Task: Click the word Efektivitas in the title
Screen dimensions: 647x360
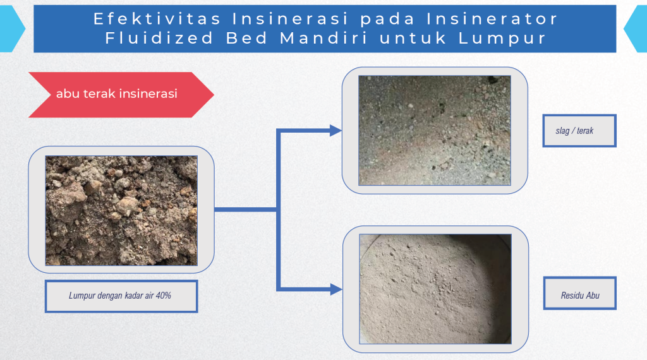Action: pyautogui.click(x=157, y=18)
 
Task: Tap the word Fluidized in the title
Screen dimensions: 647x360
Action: pyautogui.click(x=159, y=38)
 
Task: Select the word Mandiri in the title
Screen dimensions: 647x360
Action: pyautogui.click(x=324, y=38)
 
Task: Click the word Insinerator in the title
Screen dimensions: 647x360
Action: pyautogui.click(x=492, y=18)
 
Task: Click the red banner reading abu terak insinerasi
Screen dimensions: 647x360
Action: pyautogui.click(x=121, y=95)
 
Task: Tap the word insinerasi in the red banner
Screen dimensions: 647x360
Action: pyautogui.click(x=151, y=93)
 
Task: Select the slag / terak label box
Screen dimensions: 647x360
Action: pyautogui.click(x=579, y=131)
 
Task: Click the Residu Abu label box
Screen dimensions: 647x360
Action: pyautogui.click(x=580, y=293)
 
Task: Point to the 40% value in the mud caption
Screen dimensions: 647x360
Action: pyautogui.click(x=164, y=295)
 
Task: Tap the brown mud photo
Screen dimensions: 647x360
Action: pyautogui.click(x=121, y=210)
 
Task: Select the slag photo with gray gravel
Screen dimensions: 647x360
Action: pyautogui.click(x=435, y=130)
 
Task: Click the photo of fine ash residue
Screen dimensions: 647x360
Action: pyautogui.click(x=435, y=289)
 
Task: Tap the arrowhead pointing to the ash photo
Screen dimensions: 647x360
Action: pyautogui.click(x=336, y=289)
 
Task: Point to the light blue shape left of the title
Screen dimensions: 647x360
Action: pyautogui.click(x=11, y=29)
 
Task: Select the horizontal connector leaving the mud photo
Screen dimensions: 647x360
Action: pyautogui.click(x=246, y=210)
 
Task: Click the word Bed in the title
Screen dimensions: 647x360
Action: pyautogui.click(x=247, y=38)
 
